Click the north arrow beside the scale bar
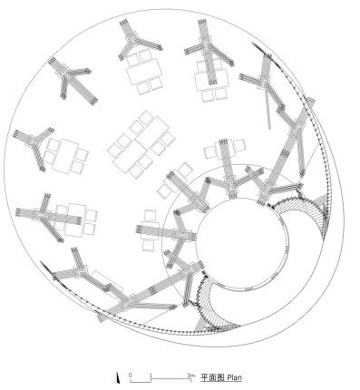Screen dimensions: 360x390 point(118,378)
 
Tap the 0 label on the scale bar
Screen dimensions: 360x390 point(131,375)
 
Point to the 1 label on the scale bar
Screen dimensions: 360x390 point(151,375)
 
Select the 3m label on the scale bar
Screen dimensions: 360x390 point(190,375)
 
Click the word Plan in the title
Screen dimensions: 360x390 point(235,377)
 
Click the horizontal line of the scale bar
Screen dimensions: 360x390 point(161,379)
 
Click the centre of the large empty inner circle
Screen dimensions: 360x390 point(241,243)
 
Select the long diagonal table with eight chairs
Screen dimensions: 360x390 point(141,142)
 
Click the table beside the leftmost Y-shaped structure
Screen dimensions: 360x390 point(65,156)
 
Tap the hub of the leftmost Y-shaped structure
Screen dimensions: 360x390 point(33,141)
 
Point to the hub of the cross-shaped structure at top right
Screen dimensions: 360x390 point(206,44)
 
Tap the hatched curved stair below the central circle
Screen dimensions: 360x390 point(211,306)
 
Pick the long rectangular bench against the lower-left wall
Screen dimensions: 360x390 point(108,284)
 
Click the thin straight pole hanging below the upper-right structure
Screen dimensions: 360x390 point(268,110)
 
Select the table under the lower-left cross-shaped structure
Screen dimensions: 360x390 point(75,219)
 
